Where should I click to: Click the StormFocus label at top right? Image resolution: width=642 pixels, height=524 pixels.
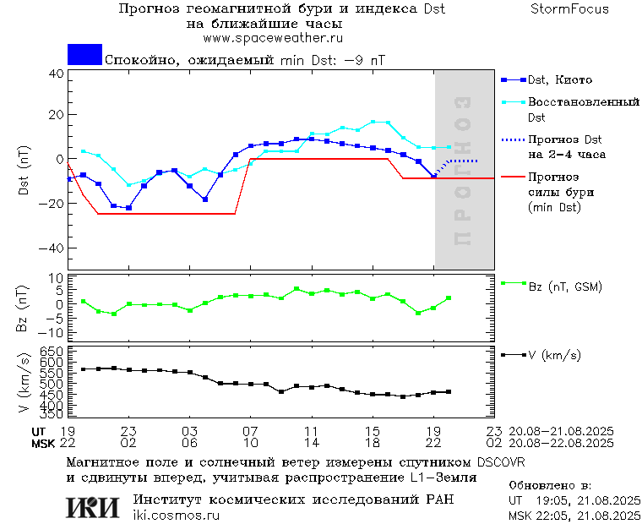point(569,9)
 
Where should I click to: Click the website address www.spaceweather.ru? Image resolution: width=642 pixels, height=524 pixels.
point(272,38)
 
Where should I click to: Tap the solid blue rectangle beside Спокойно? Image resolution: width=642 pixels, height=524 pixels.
point(84,55)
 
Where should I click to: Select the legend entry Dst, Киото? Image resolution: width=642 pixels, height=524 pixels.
point(559,80)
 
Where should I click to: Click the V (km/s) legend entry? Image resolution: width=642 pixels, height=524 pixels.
point(554,355)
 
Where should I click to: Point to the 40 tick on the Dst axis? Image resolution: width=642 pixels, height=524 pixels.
point(57,74)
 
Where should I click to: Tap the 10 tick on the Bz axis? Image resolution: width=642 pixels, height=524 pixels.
point(57,278)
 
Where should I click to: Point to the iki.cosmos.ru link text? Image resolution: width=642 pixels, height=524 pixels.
point(177,516)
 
